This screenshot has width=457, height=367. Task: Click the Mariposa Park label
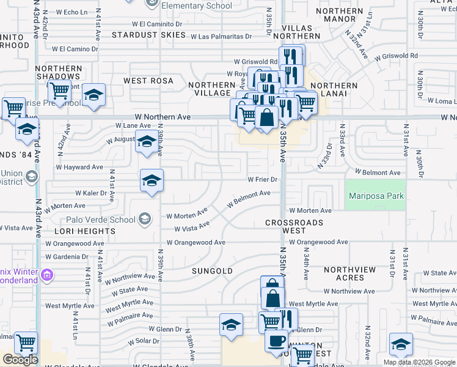point(376,196)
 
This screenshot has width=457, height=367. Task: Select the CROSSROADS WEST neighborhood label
point(294,226)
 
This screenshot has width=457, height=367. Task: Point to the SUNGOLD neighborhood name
point(212,270)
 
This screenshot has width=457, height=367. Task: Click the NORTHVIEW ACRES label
point(353,273)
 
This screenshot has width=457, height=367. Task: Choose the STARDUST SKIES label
point(148,35)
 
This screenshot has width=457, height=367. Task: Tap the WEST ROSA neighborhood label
point(148,81)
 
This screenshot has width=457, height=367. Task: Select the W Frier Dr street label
point(263,180)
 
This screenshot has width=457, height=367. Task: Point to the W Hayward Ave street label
point(79,167)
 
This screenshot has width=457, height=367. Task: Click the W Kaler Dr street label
point(91,193)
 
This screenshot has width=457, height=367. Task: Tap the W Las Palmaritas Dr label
point(221,37)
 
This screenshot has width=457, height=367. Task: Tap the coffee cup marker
point(276,339)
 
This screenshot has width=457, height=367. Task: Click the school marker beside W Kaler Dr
point(152,180)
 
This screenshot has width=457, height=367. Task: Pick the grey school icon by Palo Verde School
point(145,219)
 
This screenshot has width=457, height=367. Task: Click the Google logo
point(20,360)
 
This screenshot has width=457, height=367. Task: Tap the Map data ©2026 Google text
point(419,362)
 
